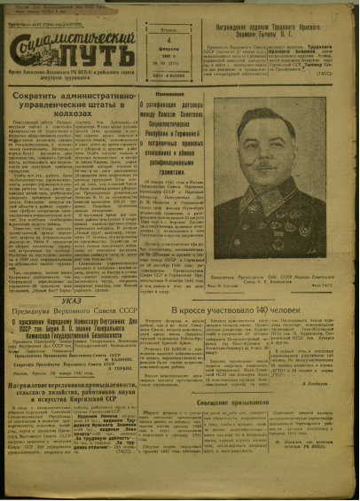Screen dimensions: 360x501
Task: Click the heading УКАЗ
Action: pyautogui.click(x=105, y=302)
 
